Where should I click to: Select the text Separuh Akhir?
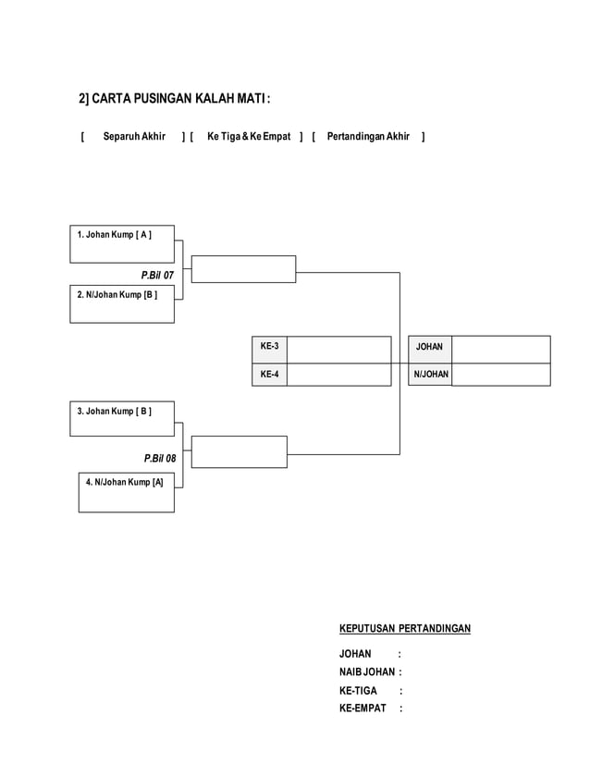(x=134, y=137)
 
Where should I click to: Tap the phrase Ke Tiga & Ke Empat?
(x=249, y=137)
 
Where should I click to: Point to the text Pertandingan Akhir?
(x=368, y=137)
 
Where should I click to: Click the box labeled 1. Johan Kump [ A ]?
(x=122, y=244)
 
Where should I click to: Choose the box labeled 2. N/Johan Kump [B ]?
(x=122, y=304)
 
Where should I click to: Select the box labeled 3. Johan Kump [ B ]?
(x=122, y=419)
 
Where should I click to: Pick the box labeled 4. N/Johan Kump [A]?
(x=127, y=492)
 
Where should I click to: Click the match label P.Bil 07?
(x=157, y=276)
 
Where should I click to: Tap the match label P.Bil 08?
(x=159, y=458)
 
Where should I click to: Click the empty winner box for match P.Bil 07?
(x=244, y=269)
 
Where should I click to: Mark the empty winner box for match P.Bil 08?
(x=240, y=451)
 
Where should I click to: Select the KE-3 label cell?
(x=269, y=348)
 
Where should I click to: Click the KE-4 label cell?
(x=269, y=375)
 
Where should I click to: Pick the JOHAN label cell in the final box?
(x=429, y=348)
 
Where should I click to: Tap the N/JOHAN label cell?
(x=430, y=375)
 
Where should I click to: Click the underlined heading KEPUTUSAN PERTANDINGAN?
(x=405, y=629)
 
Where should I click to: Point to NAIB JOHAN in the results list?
(x=367, y=672)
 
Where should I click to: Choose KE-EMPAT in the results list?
(x=363, y=709)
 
